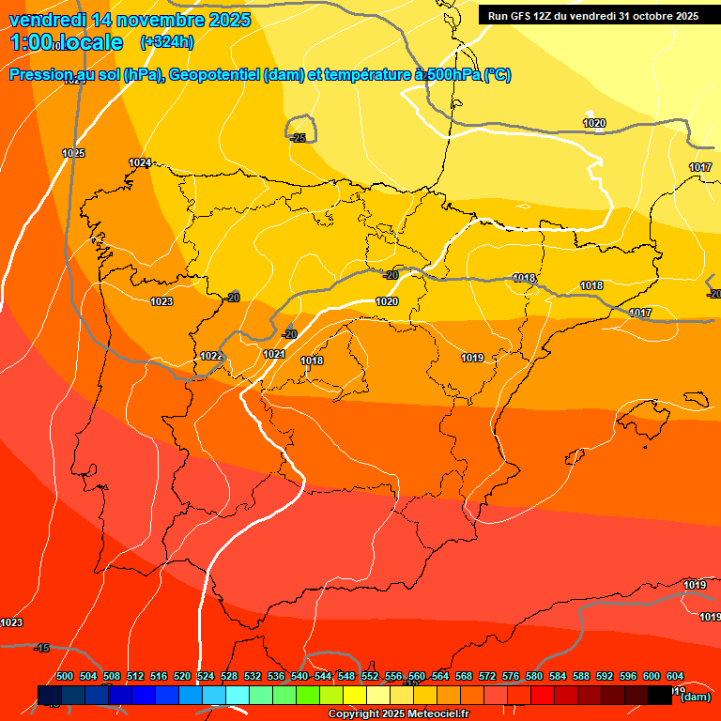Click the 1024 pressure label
click(140, 163)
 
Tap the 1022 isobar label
click(211, 356)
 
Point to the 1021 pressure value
click(274, 354)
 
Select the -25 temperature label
click(298, 138)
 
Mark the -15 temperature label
click(41, 648)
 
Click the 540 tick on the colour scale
click(299, 676)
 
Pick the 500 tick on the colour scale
click(65, 676)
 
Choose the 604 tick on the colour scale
click(675, 676)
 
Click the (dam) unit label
click(695, 697)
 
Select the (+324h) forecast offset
click(166, 41)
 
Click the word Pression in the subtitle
click(40, 75)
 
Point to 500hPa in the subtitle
click(453, 75)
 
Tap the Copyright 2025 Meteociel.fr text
click(399, 713)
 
